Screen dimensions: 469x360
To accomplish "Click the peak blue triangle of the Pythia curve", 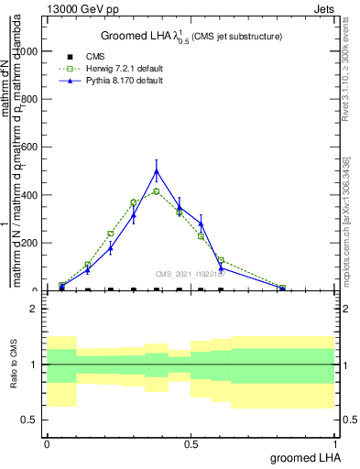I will (x=157, y=171).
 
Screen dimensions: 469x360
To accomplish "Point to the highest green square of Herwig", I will (x=157, y=191).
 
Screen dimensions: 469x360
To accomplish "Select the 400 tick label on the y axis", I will (x=31, y=194).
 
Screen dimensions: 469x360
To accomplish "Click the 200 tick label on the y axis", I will (x=31, y=243).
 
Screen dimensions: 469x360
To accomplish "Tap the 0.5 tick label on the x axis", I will (x=191, y=443).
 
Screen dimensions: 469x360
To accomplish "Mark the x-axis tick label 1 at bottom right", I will (x=335, y=443).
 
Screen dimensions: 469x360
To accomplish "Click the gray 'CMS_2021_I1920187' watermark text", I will (x=191, y=274).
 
